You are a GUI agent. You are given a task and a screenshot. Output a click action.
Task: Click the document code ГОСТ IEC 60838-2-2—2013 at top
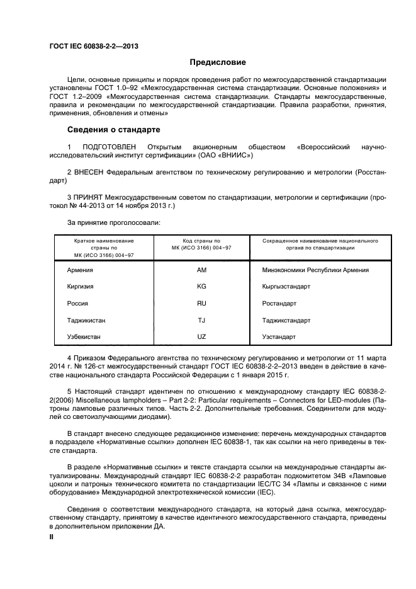tap(94, 47)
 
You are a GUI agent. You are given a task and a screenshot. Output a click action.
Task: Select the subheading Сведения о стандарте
tap(113, 130)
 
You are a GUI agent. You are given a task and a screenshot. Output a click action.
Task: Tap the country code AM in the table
tap(201, 270)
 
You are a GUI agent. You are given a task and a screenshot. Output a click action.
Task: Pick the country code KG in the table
tap(201, 287)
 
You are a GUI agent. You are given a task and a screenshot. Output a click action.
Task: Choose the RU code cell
tap(201, 304)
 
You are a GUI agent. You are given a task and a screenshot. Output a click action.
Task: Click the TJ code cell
tap(201, 320)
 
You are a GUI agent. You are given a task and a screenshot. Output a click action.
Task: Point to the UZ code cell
tap(201, 337)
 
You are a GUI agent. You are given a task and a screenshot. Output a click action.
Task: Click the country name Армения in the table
tap(80, 270)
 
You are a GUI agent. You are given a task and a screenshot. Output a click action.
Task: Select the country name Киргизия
tap(81, 287)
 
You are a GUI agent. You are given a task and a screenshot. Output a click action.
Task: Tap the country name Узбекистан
tap(84, 337)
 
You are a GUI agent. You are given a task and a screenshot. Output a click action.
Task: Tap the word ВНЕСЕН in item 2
tap(92, 171)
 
